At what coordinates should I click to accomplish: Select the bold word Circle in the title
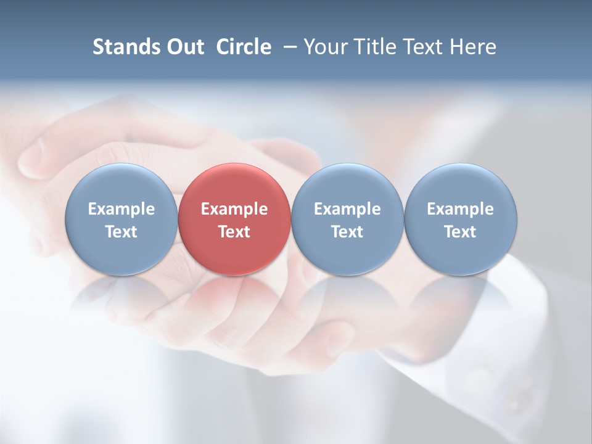click(244, 47)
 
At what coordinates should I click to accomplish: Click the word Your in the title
click(324, 47)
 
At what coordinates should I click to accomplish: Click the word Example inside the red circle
click(234, 209)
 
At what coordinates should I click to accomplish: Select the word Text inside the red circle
click(234, 232)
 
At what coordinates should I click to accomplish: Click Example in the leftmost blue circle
click(121, 209)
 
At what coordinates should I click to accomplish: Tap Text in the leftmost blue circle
click(121, 232)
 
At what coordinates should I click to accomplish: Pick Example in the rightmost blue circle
click(460, 209)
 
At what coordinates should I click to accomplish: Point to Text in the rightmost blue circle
click(460, 232)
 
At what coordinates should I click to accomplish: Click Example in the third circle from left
click(347, 209)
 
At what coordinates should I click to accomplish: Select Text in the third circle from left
click(347, 232)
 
